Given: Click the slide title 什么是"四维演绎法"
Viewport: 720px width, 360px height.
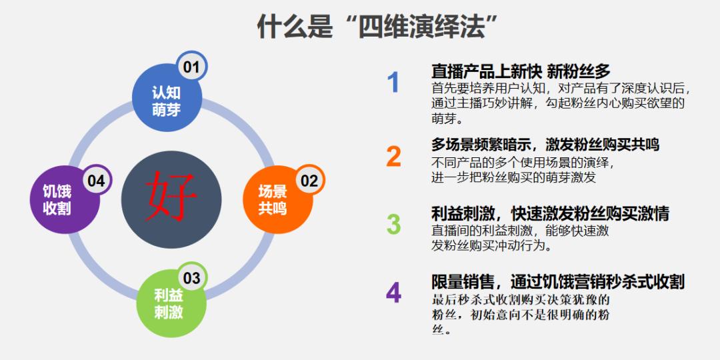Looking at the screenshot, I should tap(379, 27).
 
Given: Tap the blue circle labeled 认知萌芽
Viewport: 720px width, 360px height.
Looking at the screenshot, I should tap(166, 102).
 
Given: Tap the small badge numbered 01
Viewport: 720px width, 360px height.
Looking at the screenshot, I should tap(191, 67).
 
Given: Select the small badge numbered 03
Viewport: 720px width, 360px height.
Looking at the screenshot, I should tap(192, 278).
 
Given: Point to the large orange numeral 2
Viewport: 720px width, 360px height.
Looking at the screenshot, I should tap(393, 156).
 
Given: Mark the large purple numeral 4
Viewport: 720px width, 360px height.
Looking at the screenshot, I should tap(393, 293).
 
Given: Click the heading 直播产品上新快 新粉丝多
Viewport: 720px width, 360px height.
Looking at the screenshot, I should tap(521, 71).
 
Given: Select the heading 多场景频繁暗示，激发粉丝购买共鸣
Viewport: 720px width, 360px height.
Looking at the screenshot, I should tap(545, 145).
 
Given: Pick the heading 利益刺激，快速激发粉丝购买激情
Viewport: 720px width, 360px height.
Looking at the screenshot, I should tap(550, 214).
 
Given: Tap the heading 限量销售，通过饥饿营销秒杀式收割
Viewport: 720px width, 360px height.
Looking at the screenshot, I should tap(558, 281).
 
